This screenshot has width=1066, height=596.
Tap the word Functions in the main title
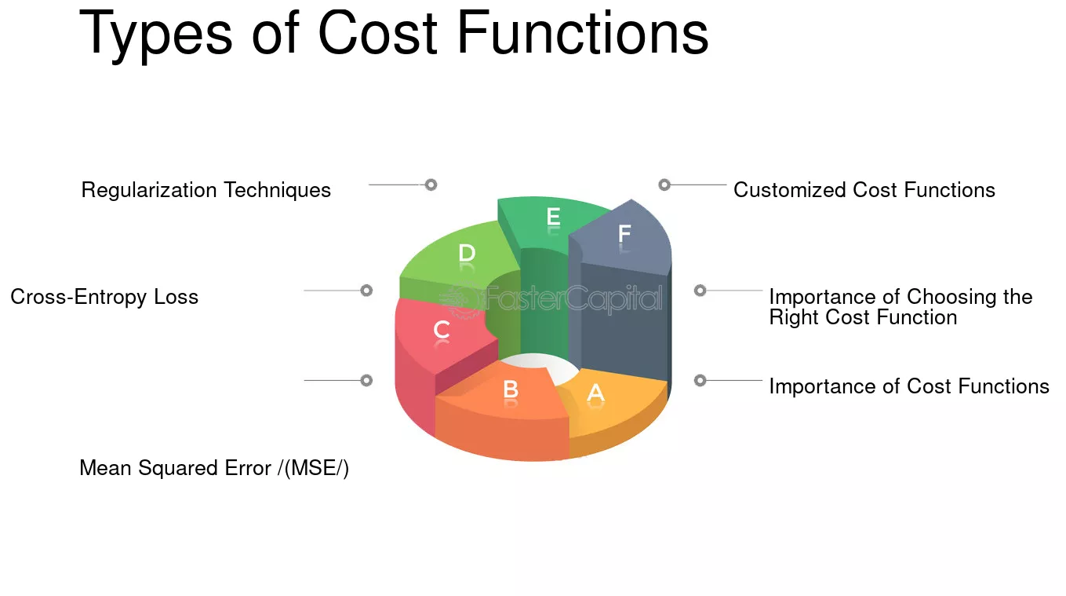pyautogui.click(x=583, y=32)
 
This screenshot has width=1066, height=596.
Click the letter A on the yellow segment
pyautogui.click(x=595, y=393)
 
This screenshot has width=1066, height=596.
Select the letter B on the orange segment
pyautogui.click(x=511, y=389)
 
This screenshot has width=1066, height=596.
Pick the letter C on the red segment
pyautogui.click(x=442, y=329)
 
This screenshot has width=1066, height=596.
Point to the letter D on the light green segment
pyautogui.click(x=467, y=253)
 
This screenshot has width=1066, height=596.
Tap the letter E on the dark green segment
pyautogui.click(x=553, y=217)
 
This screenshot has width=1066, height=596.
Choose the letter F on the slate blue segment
pyautogui.click(x=624, y=233)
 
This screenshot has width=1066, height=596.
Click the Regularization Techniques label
pyautogui.click(x=206, y=190)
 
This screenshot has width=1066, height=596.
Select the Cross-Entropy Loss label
pyautogui.click(x=104, y=297)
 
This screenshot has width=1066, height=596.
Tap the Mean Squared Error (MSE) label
pyautogui.click(x=214, y=468)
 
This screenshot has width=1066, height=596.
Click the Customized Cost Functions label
pyautogui.click(x=864, y=189)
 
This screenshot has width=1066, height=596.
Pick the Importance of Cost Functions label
pyautogui.click(x=909, y=386)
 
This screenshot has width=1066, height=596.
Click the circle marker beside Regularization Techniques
pyautogui.click(x=431, y=185)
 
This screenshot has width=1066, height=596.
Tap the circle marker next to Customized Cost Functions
pyautogui.click(x=664, y=185)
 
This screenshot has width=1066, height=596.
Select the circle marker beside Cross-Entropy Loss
pyautogui.click(x=366, y=291)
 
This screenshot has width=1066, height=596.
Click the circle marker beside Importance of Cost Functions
pyautogui.click(x=700, y=381)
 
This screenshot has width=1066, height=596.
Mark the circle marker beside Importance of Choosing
pyautogui.click(x=700, y=291)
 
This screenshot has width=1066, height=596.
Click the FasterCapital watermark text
pyautogui.click(x=573, y=298)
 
